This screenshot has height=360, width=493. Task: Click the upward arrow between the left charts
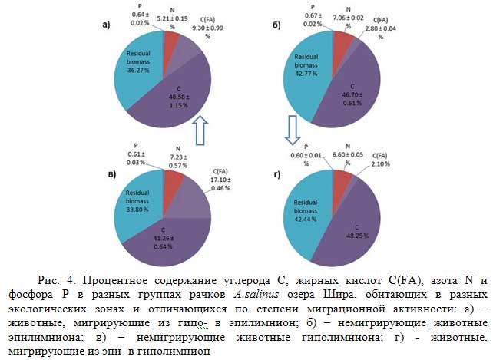(201, 129)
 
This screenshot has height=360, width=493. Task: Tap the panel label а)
(106, 25)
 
